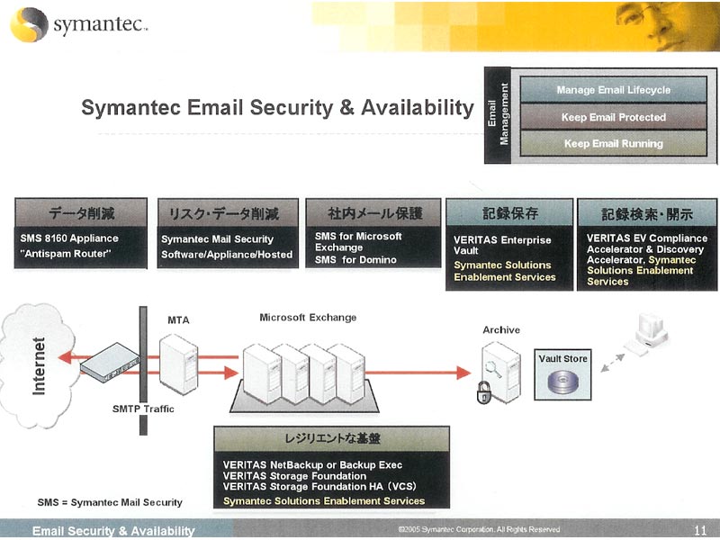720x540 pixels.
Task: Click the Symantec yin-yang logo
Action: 29,25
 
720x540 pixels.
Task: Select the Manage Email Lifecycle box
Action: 614,89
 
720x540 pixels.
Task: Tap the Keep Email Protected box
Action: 614,117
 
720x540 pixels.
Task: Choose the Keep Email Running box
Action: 614,143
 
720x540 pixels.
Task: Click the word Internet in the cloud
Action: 39,366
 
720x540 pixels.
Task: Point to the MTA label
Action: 178,320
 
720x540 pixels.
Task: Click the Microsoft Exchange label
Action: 308,318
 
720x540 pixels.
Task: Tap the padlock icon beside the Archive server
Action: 483,392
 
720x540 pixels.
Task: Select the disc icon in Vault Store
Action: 563,382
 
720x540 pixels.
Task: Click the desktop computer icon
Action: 647,334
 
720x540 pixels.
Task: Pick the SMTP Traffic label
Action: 143,409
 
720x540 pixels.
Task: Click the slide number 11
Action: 700,530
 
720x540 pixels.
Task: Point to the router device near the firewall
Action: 110,362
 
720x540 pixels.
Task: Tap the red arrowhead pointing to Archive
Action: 463,373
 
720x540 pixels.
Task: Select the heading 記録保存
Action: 509,213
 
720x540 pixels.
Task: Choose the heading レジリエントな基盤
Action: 332,438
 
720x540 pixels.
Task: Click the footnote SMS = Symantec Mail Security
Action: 110,502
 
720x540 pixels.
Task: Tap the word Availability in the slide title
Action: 418,108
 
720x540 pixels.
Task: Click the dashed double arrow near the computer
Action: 613,363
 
